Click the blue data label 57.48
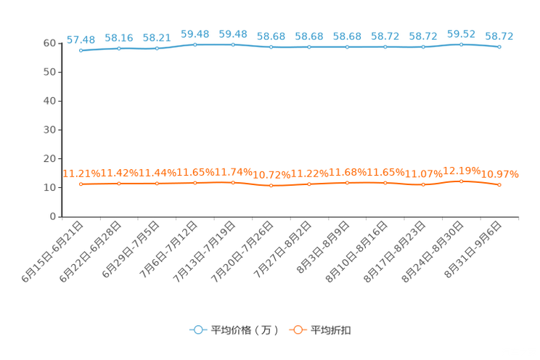81,40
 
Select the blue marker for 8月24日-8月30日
461,44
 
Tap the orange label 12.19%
462,171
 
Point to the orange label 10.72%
271,175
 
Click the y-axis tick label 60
49,43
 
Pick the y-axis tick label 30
49,130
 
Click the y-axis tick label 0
53,216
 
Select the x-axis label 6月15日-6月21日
52,252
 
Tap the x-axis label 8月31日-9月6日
472,250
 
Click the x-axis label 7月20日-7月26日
242,252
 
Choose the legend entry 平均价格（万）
234,330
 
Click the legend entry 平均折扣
320,330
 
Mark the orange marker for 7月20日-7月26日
271,186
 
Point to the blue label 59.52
461,34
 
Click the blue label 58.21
157,38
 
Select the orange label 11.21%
81,173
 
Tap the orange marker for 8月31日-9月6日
499,185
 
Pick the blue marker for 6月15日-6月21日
81,50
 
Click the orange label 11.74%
234,172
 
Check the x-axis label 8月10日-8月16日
356,252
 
